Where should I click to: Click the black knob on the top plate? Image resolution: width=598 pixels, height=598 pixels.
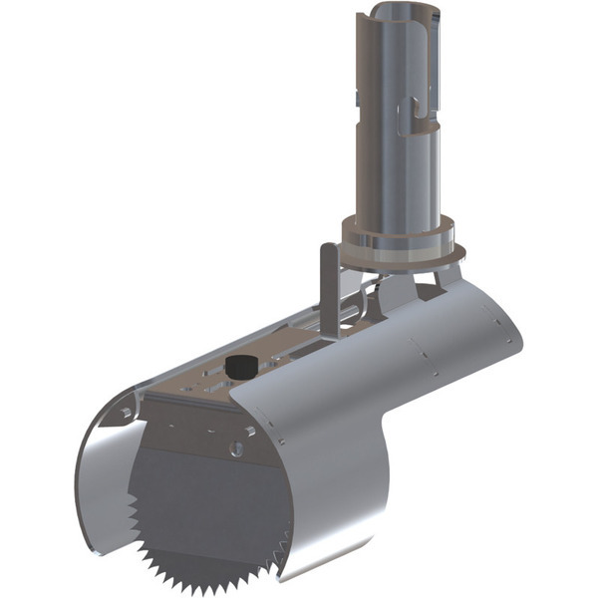click(237, 366)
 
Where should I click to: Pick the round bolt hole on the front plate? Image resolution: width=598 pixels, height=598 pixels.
click(236, 449)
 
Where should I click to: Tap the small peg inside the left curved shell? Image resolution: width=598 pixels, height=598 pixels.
click(126, 411)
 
